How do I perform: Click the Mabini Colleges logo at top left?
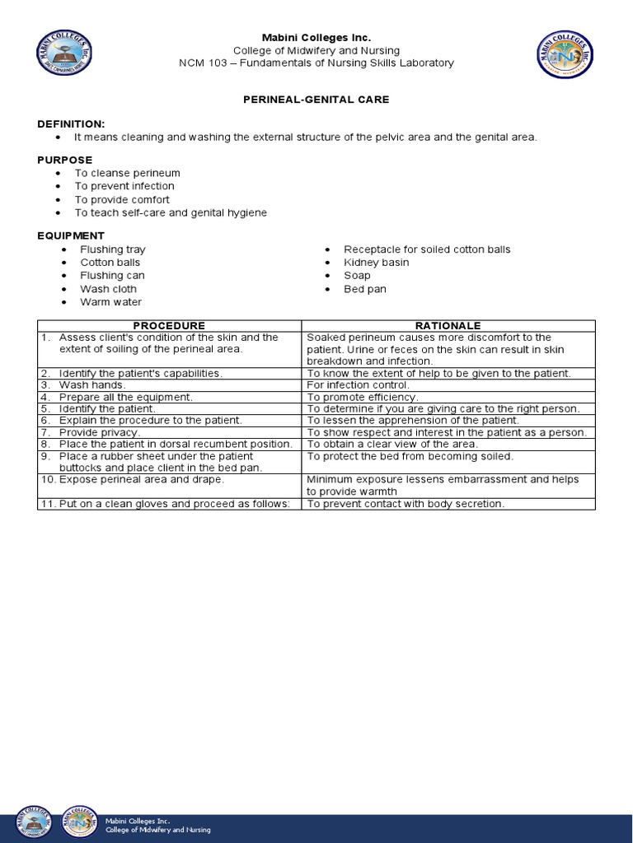coord(64,54)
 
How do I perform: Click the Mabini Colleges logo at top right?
coord(565,54)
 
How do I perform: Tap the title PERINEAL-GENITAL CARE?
coord(316,100)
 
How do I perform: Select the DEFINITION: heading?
coord(71,123)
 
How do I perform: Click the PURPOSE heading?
coord(64,160)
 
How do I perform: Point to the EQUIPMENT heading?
coord(71,235)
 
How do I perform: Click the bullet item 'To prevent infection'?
coord(124,186)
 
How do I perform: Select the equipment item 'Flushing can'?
coord(112,276)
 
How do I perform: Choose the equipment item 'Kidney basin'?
coord(376,263)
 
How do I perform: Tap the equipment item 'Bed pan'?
coord(364,289)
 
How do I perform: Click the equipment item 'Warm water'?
coord(110,302)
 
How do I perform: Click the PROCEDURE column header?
coord(169,326)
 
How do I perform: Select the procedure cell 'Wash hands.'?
coord(92,385)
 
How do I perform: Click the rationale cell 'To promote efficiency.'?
coord(363,397)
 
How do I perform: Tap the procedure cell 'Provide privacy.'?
coord(100,432)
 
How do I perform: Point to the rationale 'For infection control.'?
coord(358,385)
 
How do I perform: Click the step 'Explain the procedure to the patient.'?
coord(150,420)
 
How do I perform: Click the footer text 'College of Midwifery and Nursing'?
coord(157,830)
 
